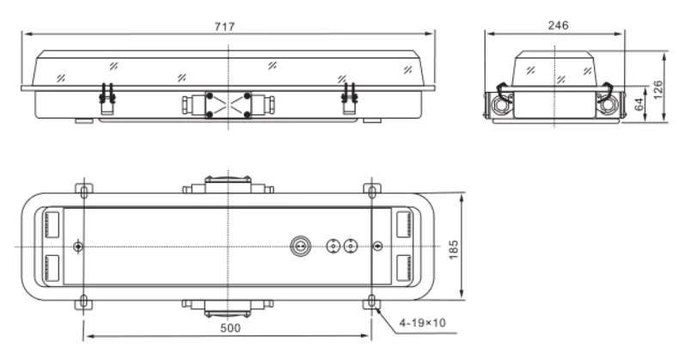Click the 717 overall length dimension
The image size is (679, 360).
229,27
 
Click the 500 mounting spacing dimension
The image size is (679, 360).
229,327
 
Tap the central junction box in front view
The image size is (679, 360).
229,105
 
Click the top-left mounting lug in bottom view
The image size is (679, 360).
83,189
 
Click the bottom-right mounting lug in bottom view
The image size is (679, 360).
371,302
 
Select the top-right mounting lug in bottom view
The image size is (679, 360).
371,189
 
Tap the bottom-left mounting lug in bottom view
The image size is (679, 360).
83,302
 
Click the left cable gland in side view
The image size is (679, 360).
501,103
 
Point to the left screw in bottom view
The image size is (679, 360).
79,246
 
